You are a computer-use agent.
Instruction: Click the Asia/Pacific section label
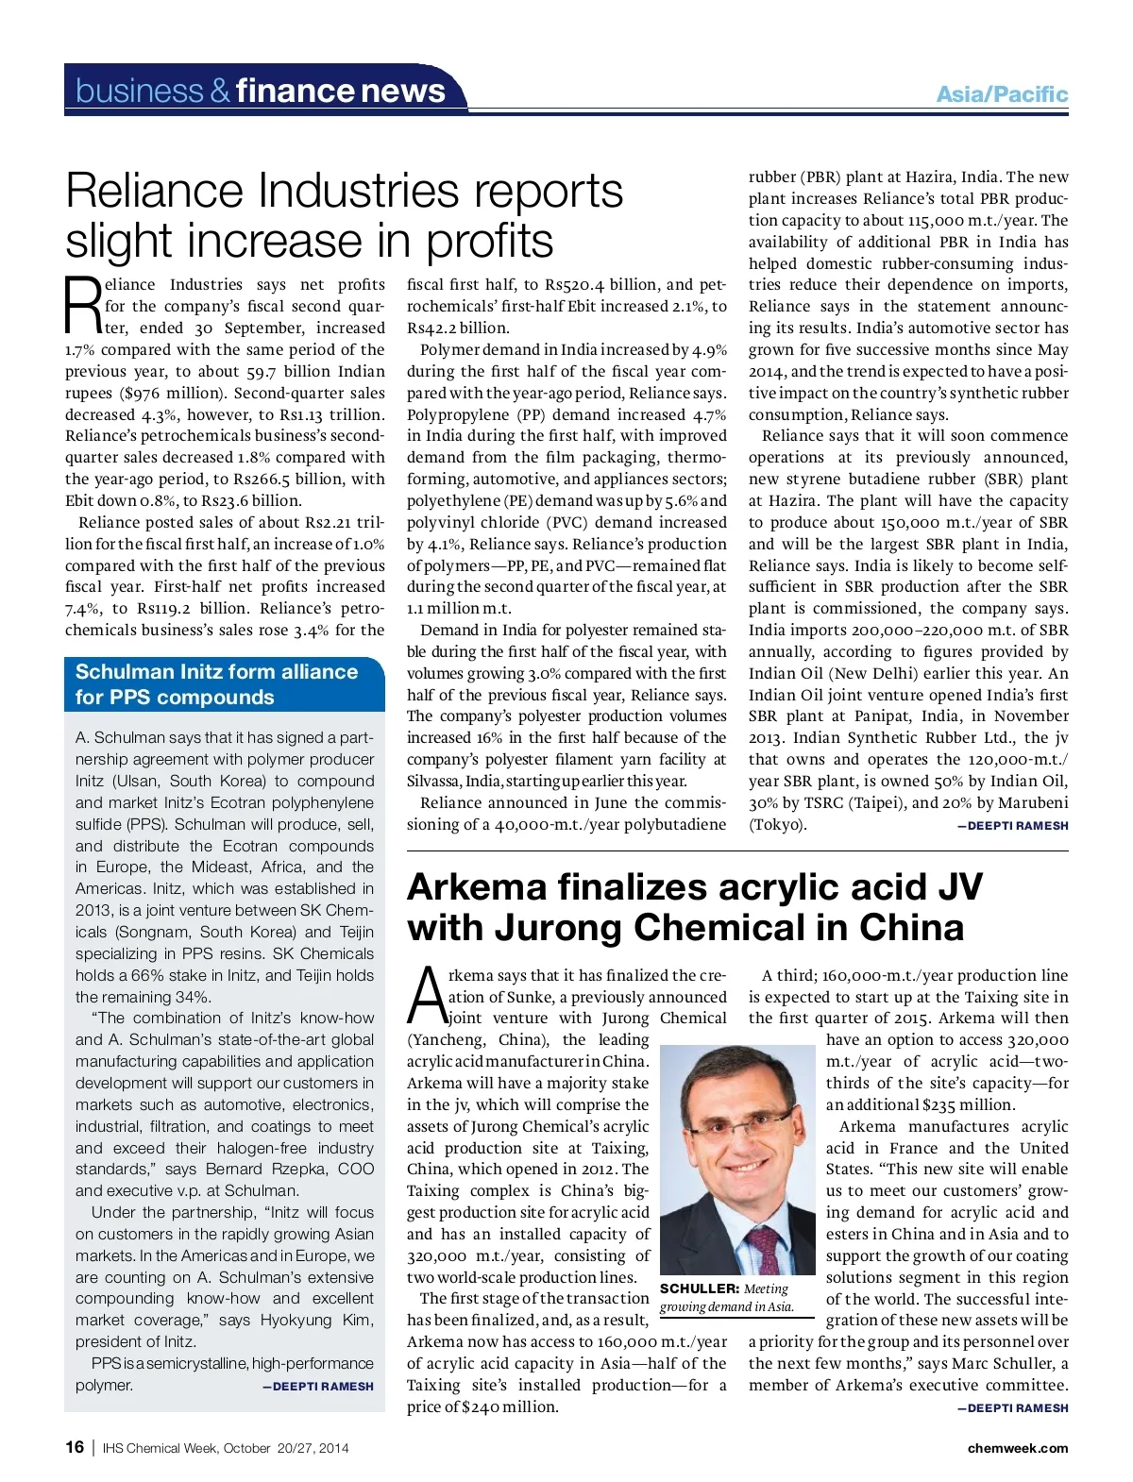coord(1002,94)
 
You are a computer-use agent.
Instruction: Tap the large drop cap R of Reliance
coord(82,305)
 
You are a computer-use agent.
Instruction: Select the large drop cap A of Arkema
coord(426,996)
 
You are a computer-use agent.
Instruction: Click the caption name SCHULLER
coord(699,1288)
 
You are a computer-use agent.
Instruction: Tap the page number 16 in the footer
coord(75,1447)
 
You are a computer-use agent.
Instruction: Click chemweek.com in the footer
coord(1018,1448)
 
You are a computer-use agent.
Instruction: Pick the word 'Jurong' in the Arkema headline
coord(558,928)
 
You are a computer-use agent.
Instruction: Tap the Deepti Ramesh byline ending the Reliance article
coord(1013,825)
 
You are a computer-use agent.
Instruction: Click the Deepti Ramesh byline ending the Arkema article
coord(1013,1407)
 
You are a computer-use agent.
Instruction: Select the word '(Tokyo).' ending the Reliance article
coord(778,825)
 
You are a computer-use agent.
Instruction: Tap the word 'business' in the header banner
coord(139,91)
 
